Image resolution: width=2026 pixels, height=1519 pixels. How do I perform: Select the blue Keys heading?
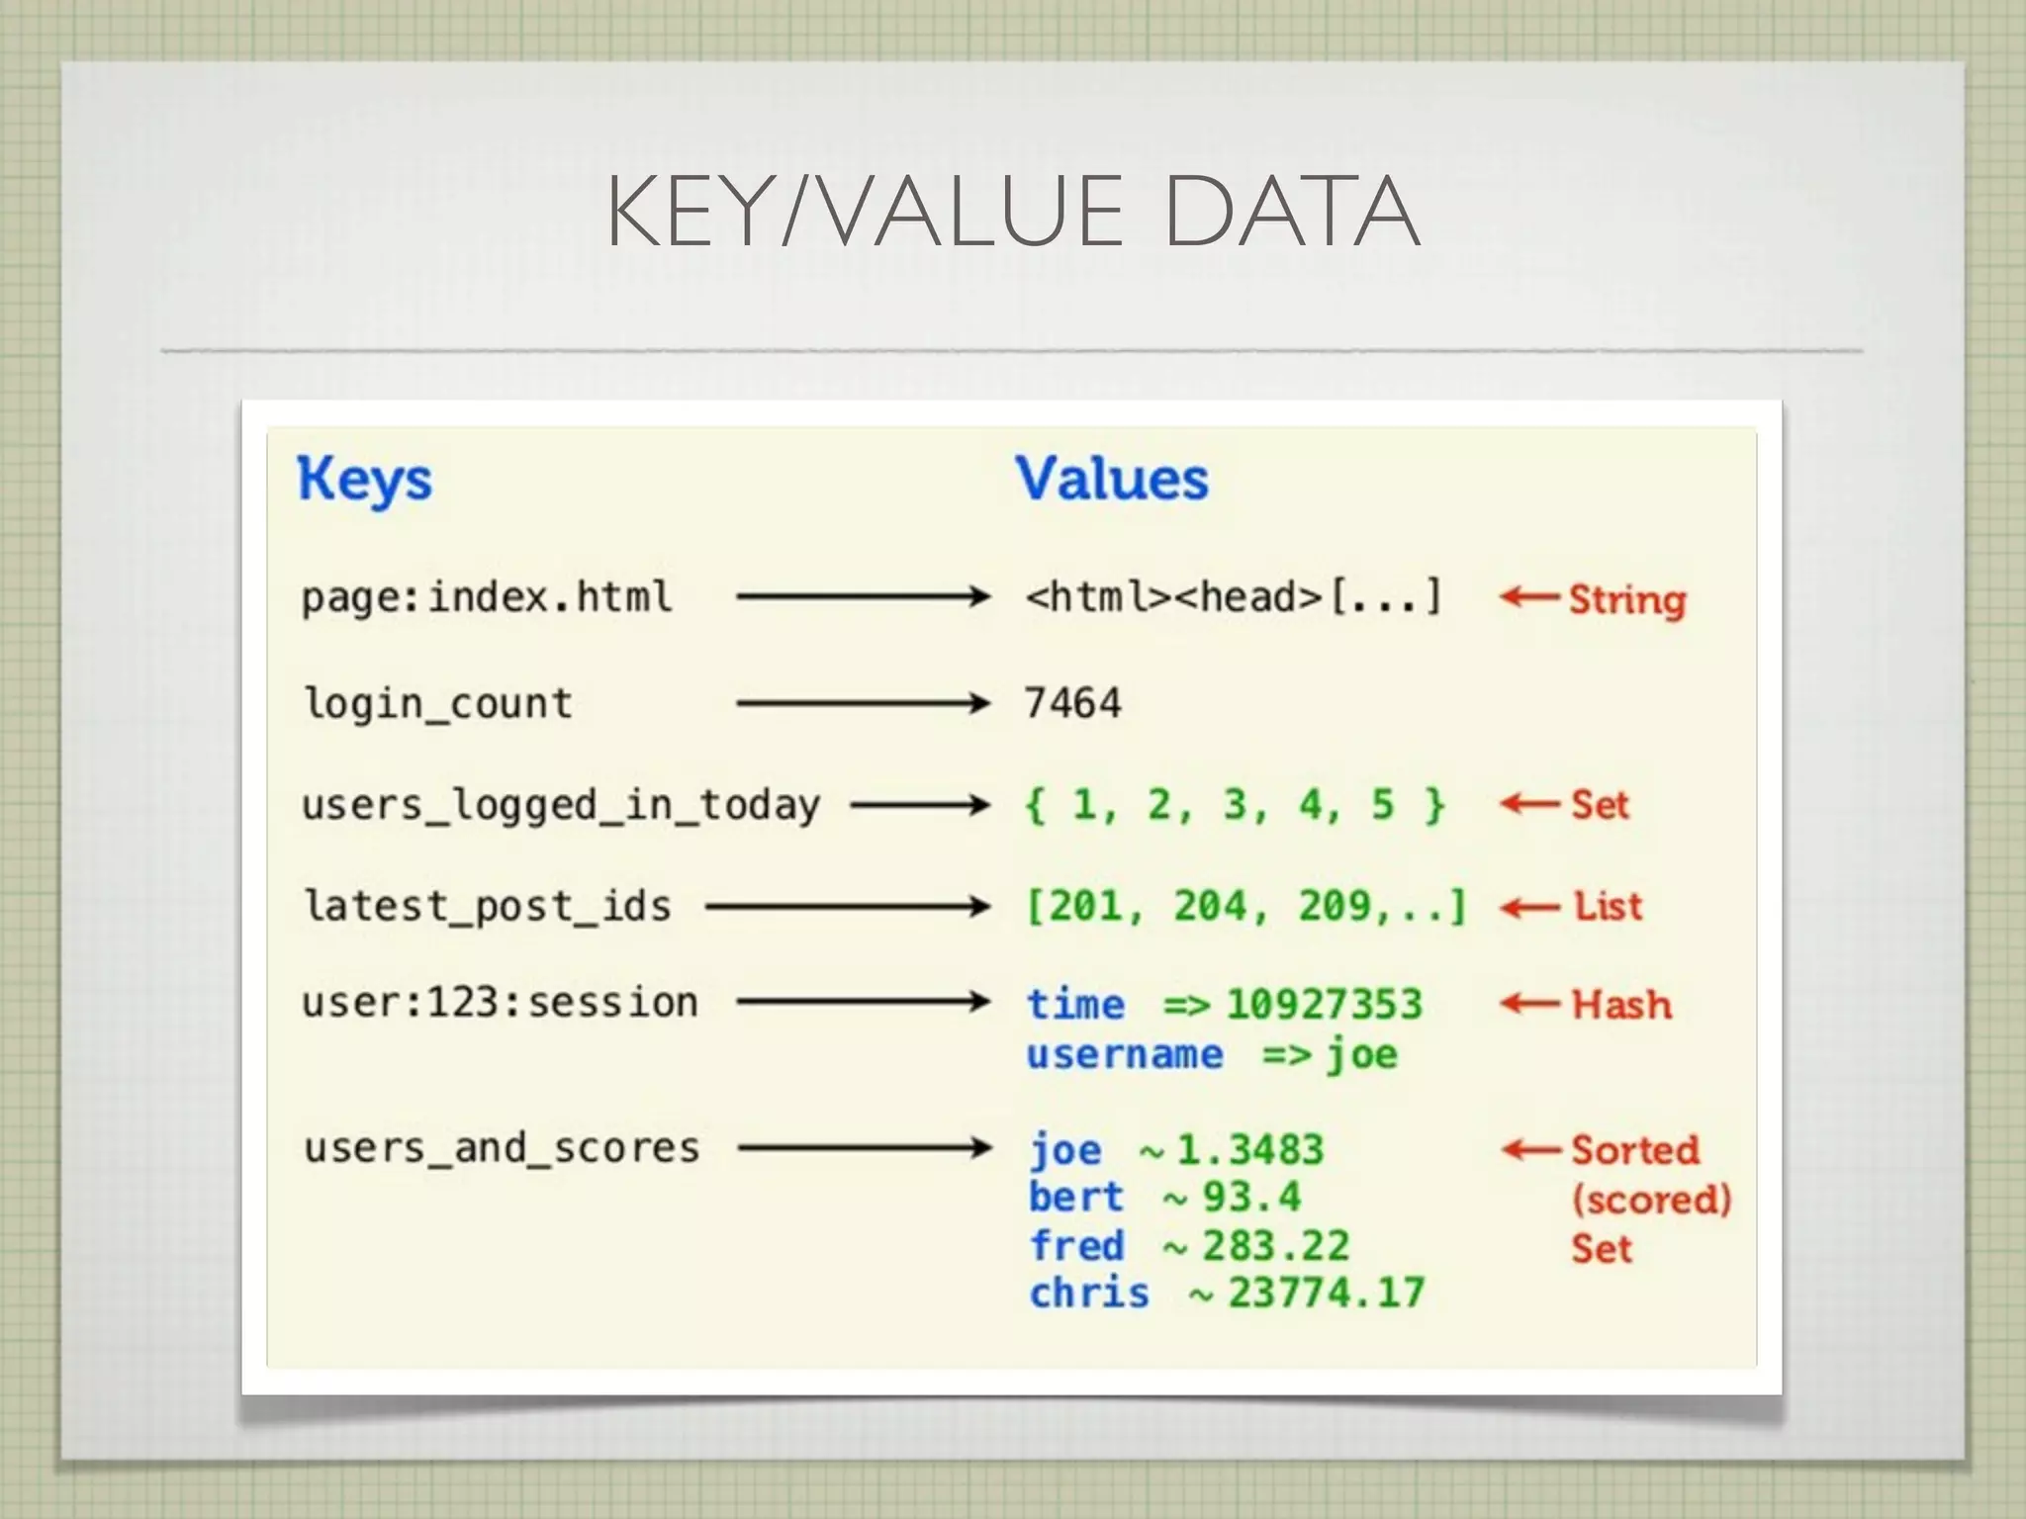[x=364, y=481]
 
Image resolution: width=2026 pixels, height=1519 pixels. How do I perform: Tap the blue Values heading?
[x=1112, y=479]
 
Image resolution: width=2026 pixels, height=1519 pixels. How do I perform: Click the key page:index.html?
[x=487, y=597]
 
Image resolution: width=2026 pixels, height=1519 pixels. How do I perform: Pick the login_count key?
[x=438, y=703]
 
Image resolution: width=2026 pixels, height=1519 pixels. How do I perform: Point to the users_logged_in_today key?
[x=561, y=805]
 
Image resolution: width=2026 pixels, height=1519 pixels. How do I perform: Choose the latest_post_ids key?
[x=488, y=906]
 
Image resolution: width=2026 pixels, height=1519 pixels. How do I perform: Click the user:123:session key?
[x=500, y=1003]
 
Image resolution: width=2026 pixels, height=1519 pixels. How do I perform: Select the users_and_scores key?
[x=502, y=1148]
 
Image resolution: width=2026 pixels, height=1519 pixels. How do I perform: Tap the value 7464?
[x=1072, y=703]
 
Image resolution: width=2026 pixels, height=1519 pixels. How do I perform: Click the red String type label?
[x=1627, y=599]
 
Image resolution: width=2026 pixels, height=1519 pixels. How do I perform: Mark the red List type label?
[x=1608, y=906]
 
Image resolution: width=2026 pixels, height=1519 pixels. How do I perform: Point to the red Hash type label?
[x=1621, y=1005]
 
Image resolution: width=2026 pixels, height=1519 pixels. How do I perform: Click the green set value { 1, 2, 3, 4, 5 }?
[x=1235, y=805]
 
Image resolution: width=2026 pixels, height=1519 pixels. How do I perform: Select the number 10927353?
[x=1324, y=1005]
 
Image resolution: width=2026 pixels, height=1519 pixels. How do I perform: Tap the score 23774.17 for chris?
[x=1326, y=1293]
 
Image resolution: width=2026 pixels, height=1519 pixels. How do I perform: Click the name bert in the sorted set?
[x=1076, y=1197]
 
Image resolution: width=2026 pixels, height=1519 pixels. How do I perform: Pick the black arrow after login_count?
[x=863, y=703]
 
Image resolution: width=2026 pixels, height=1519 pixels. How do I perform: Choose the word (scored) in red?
[x=1651, y=1200]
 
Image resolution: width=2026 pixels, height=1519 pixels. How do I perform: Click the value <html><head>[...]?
[x=1234, y=597]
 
